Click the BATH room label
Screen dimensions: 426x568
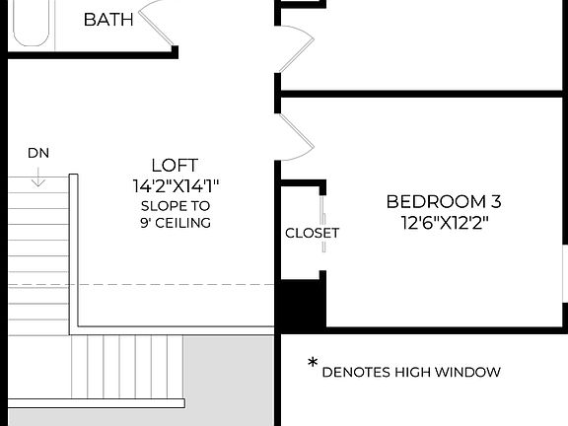108,20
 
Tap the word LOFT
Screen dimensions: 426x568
175,165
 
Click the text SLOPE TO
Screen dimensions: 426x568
175,205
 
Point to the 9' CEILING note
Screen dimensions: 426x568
175,223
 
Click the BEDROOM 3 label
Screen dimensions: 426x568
443,202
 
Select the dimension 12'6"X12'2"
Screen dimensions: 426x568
443,223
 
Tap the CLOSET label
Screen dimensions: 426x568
312,234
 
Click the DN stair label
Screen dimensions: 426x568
37,153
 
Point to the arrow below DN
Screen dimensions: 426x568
37,177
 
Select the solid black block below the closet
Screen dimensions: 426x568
301,306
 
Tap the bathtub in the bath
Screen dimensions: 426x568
29,22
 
